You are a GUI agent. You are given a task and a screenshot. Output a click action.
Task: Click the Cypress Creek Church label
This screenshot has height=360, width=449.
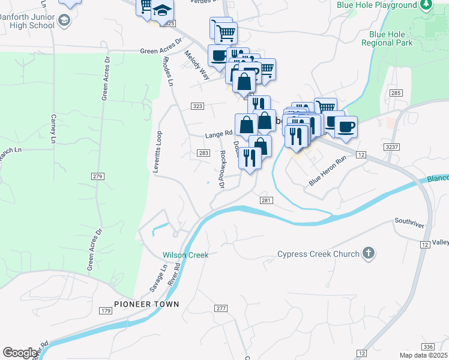(318, 254)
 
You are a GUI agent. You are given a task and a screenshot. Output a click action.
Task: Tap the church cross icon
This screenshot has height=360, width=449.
(369, 254)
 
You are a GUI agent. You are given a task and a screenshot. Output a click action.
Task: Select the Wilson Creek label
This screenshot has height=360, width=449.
(185, 255)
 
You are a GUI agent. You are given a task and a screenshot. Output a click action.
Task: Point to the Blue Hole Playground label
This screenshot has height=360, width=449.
(376, 5)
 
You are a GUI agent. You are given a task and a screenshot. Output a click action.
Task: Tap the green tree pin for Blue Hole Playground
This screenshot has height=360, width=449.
(426, 5)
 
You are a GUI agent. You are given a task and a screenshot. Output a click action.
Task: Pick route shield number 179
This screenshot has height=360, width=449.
(106, 311)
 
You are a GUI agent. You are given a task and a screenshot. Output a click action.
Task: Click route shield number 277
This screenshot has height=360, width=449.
(221, 308)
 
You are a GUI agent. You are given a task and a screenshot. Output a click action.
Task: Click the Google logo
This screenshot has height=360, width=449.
(20, 353)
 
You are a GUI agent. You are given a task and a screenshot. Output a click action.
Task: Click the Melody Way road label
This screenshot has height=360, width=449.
(197, 65)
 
